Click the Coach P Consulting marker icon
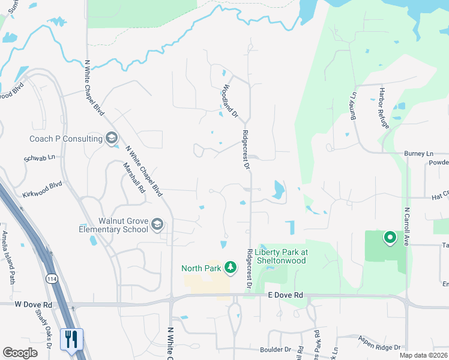pos(111,139)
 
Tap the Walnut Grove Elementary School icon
pos(157,224)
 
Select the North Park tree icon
pos(229,266)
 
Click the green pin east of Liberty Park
pos(390,238)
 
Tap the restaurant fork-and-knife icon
pos(71,339)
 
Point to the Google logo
pos(20,353)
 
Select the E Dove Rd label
pos(285,296)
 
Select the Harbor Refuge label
pos(384,109)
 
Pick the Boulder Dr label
pos(275,349)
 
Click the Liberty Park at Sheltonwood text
pos(281,256)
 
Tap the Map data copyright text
pos(423,355)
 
